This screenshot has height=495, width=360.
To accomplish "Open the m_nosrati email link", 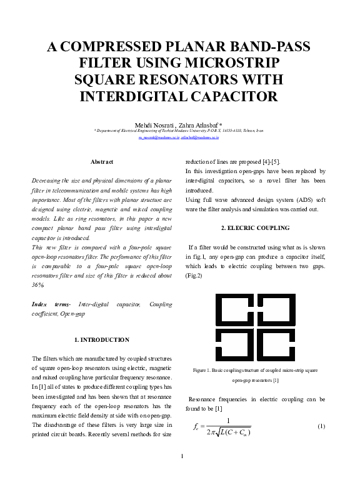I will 159,136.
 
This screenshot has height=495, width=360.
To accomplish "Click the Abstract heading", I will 102,162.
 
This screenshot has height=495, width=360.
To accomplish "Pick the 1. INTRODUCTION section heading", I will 102,340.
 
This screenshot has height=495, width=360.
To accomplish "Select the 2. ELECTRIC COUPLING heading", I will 256,227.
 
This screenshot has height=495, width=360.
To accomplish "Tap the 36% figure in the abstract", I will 38,285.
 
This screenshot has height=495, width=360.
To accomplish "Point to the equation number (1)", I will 321,426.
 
